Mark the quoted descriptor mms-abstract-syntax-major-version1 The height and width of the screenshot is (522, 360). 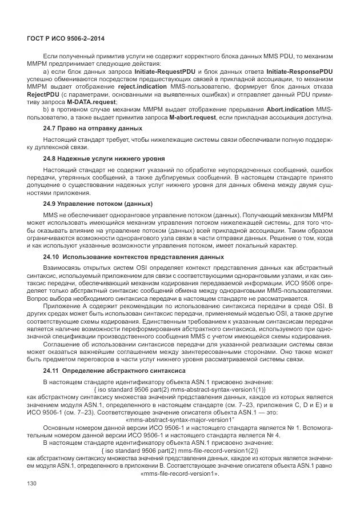pyautogui.click(x=179, y=417)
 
